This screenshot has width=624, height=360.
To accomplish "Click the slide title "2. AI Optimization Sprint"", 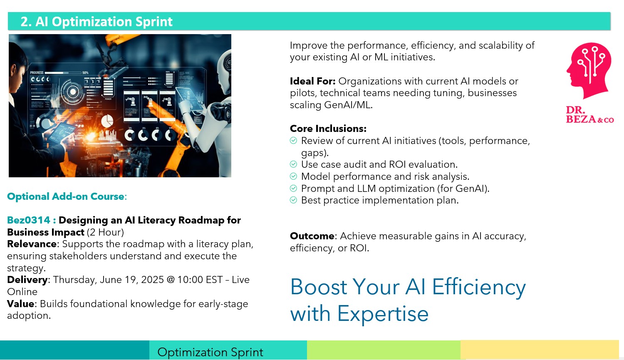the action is [97, 22].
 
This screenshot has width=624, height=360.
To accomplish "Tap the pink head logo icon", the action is [589, 70].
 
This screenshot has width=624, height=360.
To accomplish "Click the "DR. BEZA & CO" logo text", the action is [589, 114].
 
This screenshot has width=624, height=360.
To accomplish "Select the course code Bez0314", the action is [28, 220].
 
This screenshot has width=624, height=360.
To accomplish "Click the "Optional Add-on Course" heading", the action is [65, 196].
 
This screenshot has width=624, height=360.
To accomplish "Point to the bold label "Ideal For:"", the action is [312, 81].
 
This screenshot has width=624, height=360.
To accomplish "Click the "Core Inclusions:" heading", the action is [328, 129].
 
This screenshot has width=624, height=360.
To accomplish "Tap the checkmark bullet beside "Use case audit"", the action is [293, 164].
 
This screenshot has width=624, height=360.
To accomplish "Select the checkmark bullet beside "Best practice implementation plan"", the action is [293, 200].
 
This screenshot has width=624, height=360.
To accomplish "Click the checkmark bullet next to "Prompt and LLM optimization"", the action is [293, 189].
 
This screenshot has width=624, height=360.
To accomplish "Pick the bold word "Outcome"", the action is [312, 236].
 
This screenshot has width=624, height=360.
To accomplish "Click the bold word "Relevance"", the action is [32, 244].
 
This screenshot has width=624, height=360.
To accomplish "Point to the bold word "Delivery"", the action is [27, 280].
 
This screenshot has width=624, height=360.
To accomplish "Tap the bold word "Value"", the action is [21, 304].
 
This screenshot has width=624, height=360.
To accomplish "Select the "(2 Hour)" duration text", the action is [105, 232].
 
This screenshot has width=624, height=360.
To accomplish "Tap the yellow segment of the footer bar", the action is [540, 350].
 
